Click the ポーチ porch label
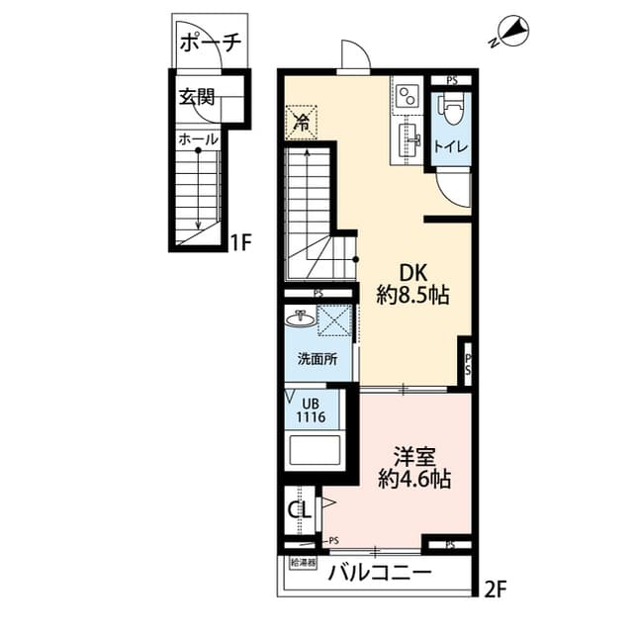pyautogui.click(x=211, y=43)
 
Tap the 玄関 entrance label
pyautogui.click(x=197, y=97)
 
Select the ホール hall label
pyautogui.click(x=198, y=139)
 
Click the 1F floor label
pyautogui.click(x=240, y=242)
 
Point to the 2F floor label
pyautogui.click(x=495, y=590)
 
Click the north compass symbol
pyautogui.click(x=510, y=32)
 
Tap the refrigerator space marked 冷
pyautogui.click(x=301, y=122)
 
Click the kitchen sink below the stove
pyautogui.click(x=408, y=140)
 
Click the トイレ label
pyautogui.click(x=451, y=146)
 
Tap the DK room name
pyautogui.click(x=413, y=273)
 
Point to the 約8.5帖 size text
pyautogui.click(x=413, y=296)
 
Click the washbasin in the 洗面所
pyautogui.click(x=301, y=318)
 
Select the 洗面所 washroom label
pyautogui.click(x=317, y=359)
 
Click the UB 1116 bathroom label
pyautogui.click(x=311, y=410)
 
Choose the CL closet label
pyautogui.click(x=299, y=510)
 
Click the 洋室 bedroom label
pyautogui.click(x=414, y=457)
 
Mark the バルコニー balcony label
pyautogui.click(x=380, y=573)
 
